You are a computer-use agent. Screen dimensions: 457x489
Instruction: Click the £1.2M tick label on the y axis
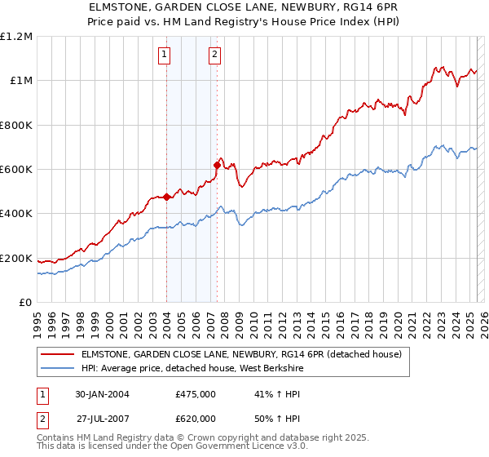pyautogui.click(x=16, y=37)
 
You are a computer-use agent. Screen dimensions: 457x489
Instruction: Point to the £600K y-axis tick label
pyautogui.click(x=16, y=170)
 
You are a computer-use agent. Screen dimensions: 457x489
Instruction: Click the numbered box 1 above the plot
pyautogui.click(x=165, y=55)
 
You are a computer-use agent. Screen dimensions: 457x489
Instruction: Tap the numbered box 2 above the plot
pyautogui.click(x=214, y=55)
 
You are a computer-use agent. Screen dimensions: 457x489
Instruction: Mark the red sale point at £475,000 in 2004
pyautogui.click(x=166, y=197)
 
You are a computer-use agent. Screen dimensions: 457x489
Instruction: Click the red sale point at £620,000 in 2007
pyautogui.click(x=217, y=165)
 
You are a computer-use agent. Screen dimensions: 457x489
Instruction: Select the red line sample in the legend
pyautogui.click(x=58, y=354)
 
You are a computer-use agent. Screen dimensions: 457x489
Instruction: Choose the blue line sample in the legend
pyautogui.click(x=58, y=368)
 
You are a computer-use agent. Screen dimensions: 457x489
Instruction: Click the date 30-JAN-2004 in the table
pyautogui.click(x=102, y=394)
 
